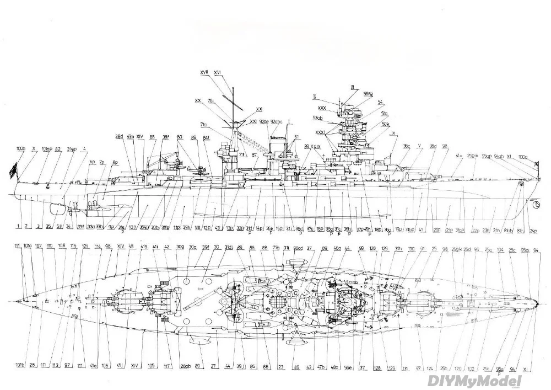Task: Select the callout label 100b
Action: [21, 149]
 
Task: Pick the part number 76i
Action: [211, 101]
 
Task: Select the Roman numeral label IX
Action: [393, 133]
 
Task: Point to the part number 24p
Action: [533, 231]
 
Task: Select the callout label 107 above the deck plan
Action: [38, 246]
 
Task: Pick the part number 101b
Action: [20, 365]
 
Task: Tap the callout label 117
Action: [167, 365]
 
